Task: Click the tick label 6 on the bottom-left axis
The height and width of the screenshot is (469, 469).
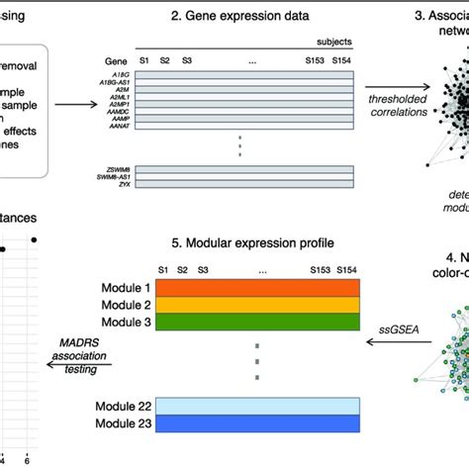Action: coord(28,460)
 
